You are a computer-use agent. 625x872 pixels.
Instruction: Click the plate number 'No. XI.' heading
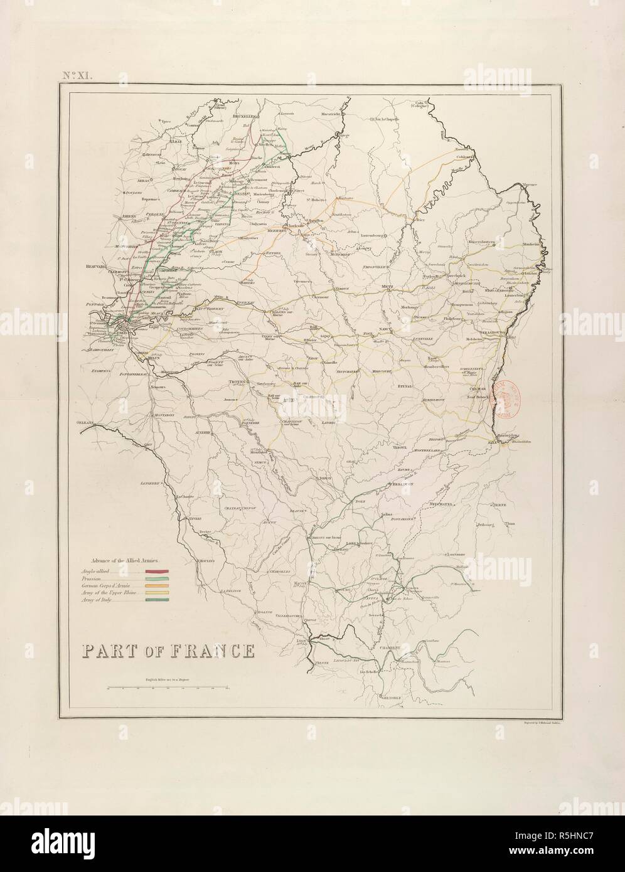pyautogui.click(x=77, y=75)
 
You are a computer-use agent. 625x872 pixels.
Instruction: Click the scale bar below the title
pyautogui.click(x=168, y=688)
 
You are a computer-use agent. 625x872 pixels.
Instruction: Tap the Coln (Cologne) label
pyautogui.click(x=420, y=104)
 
